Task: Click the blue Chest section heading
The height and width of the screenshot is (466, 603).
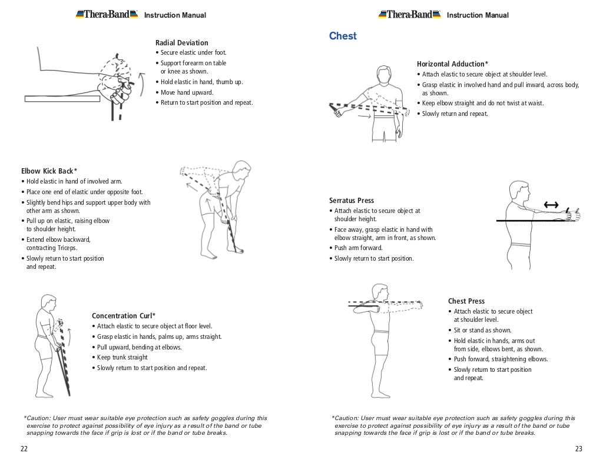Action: [x=343, y=36]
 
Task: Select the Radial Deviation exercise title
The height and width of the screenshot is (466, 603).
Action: [x=181, y=43]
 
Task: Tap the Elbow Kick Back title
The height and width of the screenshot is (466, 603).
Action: [x=49, y=171]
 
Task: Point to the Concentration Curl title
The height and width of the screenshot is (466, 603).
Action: [x=124, y=315]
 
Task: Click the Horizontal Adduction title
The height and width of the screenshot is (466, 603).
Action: [x=452, y=64]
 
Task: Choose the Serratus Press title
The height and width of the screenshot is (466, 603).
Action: [x=352, y=201]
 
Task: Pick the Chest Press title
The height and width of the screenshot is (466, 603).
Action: [x=466, y=301]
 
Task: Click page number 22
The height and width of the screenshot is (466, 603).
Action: [x=24, y=449]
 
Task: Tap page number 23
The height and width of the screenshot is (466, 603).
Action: [x=578, y=449]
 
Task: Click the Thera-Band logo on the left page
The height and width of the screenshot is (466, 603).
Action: [x=107, y=14]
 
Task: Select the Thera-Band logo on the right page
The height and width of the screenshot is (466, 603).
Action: [x=410, y=14]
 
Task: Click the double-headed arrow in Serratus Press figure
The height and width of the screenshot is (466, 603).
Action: [x=551, y=205]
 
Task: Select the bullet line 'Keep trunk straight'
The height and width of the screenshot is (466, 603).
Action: [x=122, y=357]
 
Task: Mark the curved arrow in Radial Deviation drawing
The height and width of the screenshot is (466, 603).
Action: [x=140, y=80]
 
